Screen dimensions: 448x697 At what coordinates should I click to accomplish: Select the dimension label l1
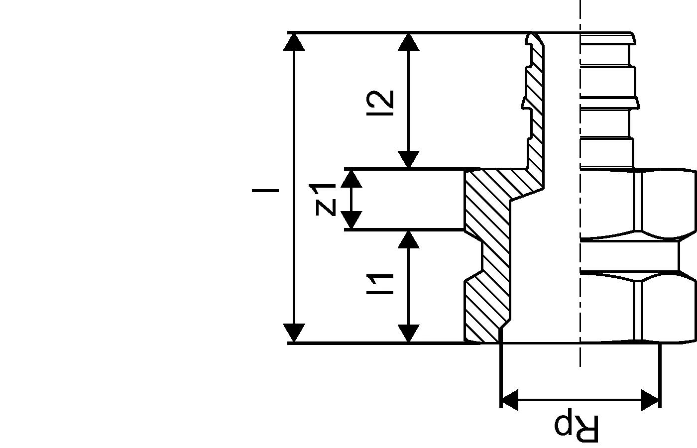tap(380, 284)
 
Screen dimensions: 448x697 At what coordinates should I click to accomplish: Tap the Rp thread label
tap(577, 427)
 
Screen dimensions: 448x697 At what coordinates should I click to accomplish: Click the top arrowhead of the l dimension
tap(294, 42)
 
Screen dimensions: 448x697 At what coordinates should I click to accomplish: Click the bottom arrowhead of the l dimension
tap(294, 333)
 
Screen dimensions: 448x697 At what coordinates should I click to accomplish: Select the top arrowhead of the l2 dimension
tap(409, 42)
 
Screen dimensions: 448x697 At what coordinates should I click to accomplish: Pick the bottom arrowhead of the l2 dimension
tap(409, 160)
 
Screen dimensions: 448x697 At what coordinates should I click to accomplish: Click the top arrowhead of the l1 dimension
tap(409, 239)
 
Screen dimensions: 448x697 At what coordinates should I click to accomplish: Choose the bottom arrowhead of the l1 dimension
tap(409, 333)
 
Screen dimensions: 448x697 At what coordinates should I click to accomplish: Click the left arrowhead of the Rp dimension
tap(509, 400)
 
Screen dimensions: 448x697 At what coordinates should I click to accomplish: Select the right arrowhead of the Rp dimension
tap(651, 400)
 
